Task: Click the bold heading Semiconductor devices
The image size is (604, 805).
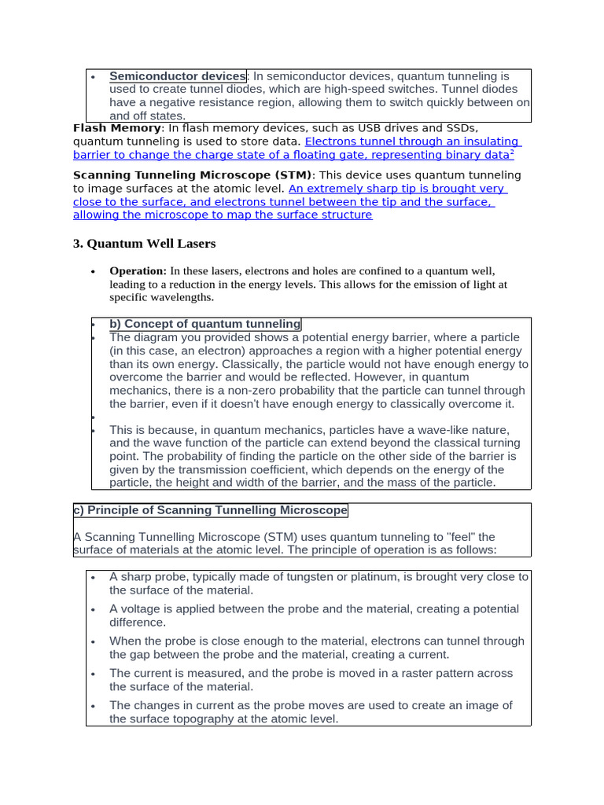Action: pyautogui.click(x=177, y=76)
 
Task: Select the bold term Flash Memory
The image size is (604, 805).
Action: pyautogui.click(x=116, y=128)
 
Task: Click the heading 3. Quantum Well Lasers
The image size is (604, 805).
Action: pyautogui.click(x=144, y=244)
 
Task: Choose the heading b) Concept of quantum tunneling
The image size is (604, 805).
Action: pyautogui.click(x=204, y=324)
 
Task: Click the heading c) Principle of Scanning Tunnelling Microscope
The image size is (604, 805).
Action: pyautogui.click(x=210, y=510)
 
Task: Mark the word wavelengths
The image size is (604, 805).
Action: pyautogui.click(x=182, y=298)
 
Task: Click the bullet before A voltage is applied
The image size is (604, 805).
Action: pyautogui.click(x=94, y=609)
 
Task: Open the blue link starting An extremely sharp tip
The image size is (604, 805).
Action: pyautogui.click(x=397, y=189)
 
